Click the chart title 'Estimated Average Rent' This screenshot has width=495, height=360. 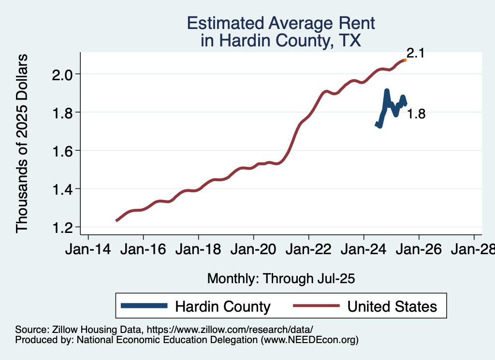[281, 23]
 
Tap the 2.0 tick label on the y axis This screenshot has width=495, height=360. [62, 74]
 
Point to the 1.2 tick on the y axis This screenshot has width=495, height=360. [62, 227]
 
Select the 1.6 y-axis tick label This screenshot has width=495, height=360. [62, 151]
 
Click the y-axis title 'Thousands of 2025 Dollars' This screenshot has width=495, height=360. [23, 144]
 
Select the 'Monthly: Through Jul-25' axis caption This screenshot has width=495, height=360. [281, 279]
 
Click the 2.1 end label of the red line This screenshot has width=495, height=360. [415, 53]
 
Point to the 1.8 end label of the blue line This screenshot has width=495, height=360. [416, 115]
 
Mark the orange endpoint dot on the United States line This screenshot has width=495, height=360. [405, 60]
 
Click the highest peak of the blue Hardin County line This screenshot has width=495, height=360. [387, 91]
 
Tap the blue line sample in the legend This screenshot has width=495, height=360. [145, 306]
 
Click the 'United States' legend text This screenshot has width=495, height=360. [392, 306]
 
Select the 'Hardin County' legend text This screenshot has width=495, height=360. [222, 306]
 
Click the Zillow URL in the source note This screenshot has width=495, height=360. [230, 329]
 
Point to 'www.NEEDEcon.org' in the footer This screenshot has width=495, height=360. [309, 340]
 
